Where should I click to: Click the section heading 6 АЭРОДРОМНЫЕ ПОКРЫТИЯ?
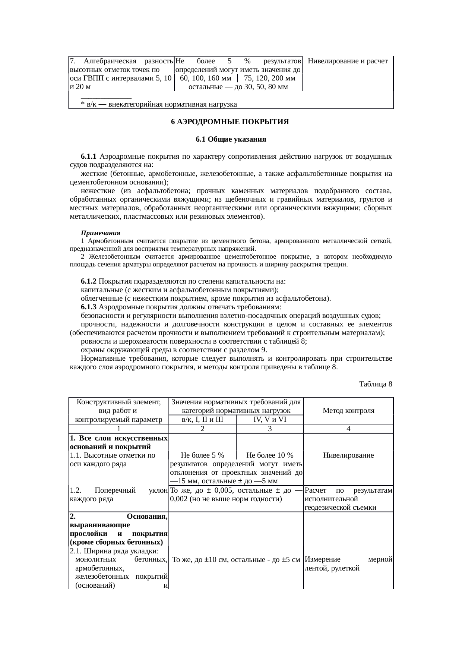[x=230, y=122]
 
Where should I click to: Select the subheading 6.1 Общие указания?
[x=231, y=139]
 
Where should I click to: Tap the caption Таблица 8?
[x=376, y=383]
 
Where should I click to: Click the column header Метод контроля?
[x=348, y=411]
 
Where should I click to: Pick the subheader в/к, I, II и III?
[x=202, y=420]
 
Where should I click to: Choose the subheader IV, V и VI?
[x=270, y=420]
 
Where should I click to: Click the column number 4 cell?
[x=348, y=429]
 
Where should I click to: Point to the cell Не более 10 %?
[x=270, y=455]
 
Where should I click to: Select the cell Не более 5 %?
[x=202, y=455]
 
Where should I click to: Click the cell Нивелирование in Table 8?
[x=348, y=455]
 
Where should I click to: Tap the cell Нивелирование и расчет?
[x=348, y=61]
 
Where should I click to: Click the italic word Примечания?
[x=101, y=233]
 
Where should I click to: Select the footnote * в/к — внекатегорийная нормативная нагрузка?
[x=159, y=104]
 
